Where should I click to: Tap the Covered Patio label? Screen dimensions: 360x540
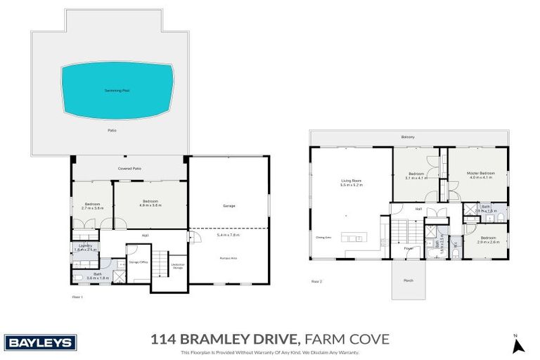click(130, 169)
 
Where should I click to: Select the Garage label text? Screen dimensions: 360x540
click(229, 205)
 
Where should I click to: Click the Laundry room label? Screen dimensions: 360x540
click(85, 245)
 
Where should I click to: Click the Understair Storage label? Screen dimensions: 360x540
click(178, 266)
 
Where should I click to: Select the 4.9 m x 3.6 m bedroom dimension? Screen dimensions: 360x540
click(151, 205)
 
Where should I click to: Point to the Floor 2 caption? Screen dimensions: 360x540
click(317, 281)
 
